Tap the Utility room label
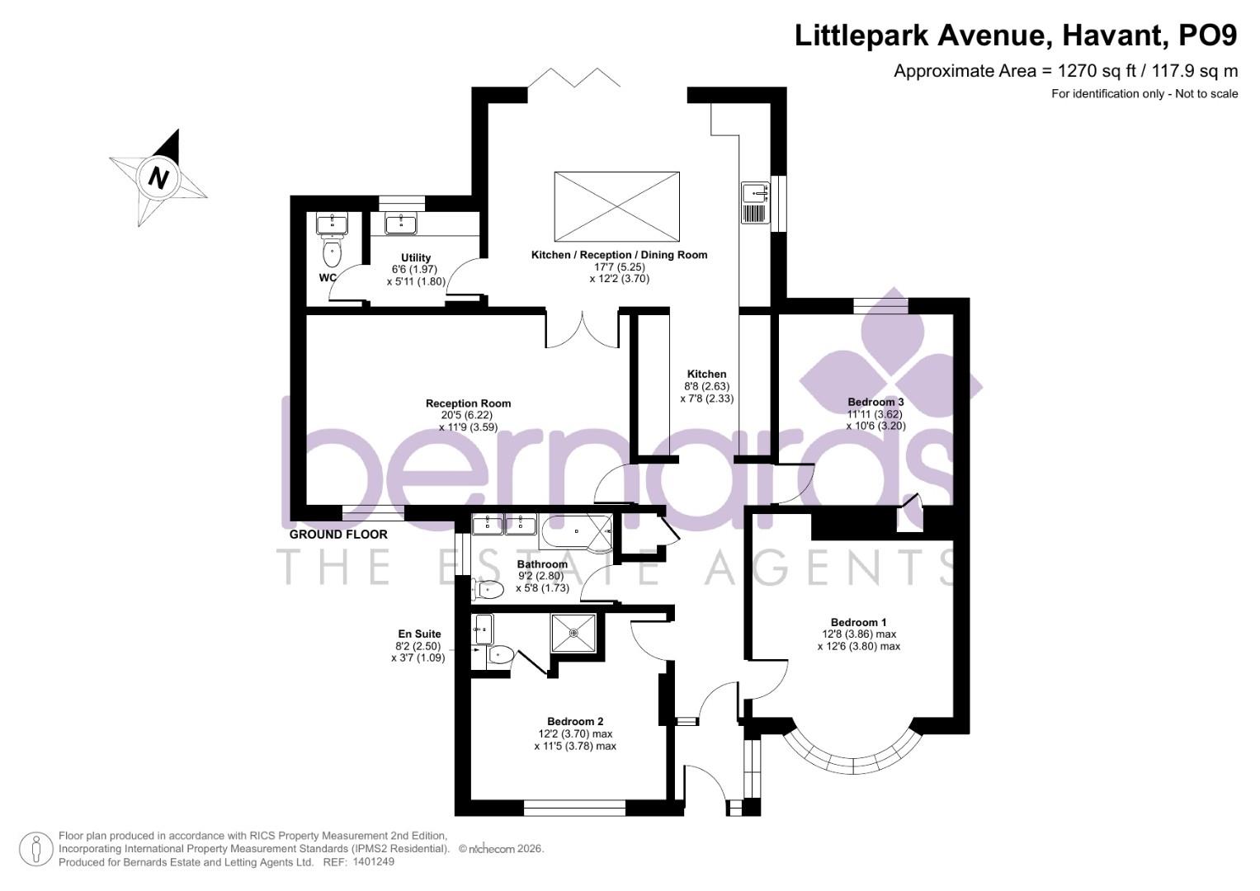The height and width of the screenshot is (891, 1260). tap(416, 258)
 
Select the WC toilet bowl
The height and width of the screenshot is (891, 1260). tap(333, 250)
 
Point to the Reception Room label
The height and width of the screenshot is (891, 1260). tap(468, 403)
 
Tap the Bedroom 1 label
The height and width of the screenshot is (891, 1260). tap(858, 622)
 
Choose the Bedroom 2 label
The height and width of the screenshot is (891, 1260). tap(575, 721)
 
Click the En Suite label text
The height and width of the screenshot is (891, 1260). tap(419, 634)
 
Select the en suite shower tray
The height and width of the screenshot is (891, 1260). tap(573, 633)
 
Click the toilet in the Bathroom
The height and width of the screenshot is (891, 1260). tap(489, 589)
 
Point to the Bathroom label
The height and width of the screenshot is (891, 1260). tap(542, 564)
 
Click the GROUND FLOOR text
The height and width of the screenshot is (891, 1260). tap(338, 535)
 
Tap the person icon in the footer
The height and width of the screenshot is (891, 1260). tap(35, 848)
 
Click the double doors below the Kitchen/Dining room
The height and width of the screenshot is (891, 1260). tap(581, 328)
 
